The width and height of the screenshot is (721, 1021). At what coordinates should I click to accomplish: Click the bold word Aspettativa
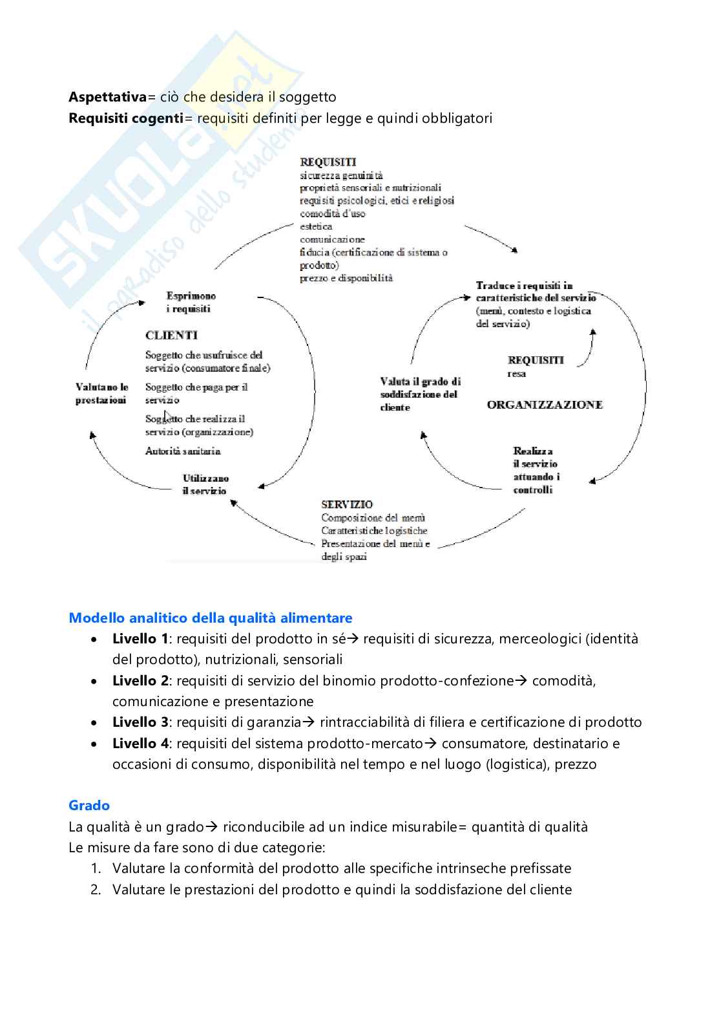point(108,97)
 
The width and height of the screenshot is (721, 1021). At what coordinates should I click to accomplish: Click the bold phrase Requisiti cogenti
point(126,118)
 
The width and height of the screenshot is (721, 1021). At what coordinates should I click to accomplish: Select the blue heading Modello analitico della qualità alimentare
point(211,618)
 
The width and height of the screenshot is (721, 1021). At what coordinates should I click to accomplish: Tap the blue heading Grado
point(89,806)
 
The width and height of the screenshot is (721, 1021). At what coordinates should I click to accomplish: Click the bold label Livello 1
point(140,639)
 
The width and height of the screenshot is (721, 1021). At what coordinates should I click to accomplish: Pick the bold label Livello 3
point(140,722)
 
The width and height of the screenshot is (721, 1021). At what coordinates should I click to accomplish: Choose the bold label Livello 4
point(140,744)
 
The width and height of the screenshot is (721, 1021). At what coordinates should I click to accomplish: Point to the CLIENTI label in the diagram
point(171,335)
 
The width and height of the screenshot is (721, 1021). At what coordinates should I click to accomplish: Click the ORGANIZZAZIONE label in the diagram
point(545,405)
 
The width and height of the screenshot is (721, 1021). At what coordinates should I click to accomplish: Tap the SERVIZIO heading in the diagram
point(347,504)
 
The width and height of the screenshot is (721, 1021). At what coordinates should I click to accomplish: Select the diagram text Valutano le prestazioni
point(101,393)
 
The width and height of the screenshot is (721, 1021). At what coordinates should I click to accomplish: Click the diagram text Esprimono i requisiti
point(191,302)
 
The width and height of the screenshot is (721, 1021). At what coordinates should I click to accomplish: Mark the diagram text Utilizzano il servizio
point(205,484)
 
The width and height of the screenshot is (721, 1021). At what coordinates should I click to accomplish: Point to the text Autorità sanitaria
point(183,451)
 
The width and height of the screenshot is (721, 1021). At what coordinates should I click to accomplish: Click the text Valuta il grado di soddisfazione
point(420,394)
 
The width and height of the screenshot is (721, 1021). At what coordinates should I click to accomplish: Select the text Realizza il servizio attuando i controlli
point(536,470)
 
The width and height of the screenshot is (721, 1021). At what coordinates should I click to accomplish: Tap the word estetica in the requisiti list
point(316,226)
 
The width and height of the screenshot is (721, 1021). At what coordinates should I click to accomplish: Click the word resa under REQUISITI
point(516,374)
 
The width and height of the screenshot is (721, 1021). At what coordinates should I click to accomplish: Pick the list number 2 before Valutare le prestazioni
point(96,890)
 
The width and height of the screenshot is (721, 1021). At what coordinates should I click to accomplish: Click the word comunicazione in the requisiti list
point(332,239)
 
